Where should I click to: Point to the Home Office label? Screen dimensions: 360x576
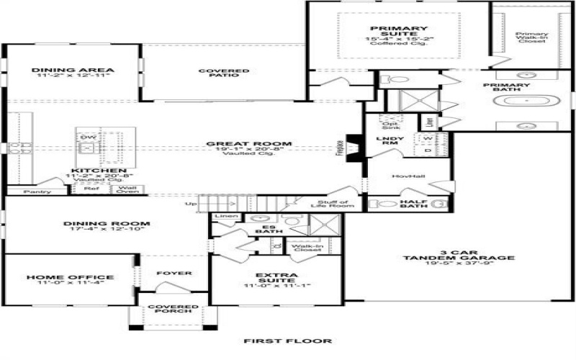point(70,277)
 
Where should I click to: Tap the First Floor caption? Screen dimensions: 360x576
point(287,341)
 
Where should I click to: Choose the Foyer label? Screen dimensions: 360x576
point(174,274)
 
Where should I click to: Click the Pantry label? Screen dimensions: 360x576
point(37,192)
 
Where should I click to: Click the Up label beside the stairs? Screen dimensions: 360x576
point(190,204)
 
